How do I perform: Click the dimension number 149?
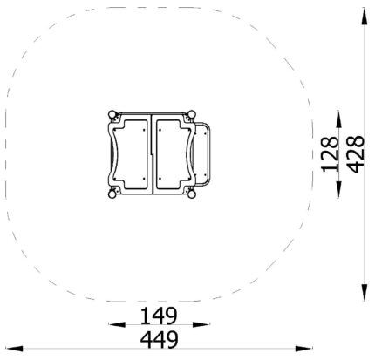click(159, 316)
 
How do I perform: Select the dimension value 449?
click(159, 339)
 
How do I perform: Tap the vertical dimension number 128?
click(330, 154)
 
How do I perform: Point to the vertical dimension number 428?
click(356, 154)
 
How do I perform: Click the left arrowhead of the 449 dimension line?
click(14, 349)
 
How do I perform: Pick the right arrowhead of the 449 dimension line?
click(304, 348)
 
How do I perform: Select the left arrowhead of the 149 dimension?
click(117, 324)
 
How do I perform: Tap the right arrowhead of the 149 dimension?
click(201, 324)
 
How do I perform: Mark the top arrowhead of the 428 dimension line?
click(365, 17)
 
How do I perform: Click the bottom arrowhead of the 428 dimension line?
click(365, 293)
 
